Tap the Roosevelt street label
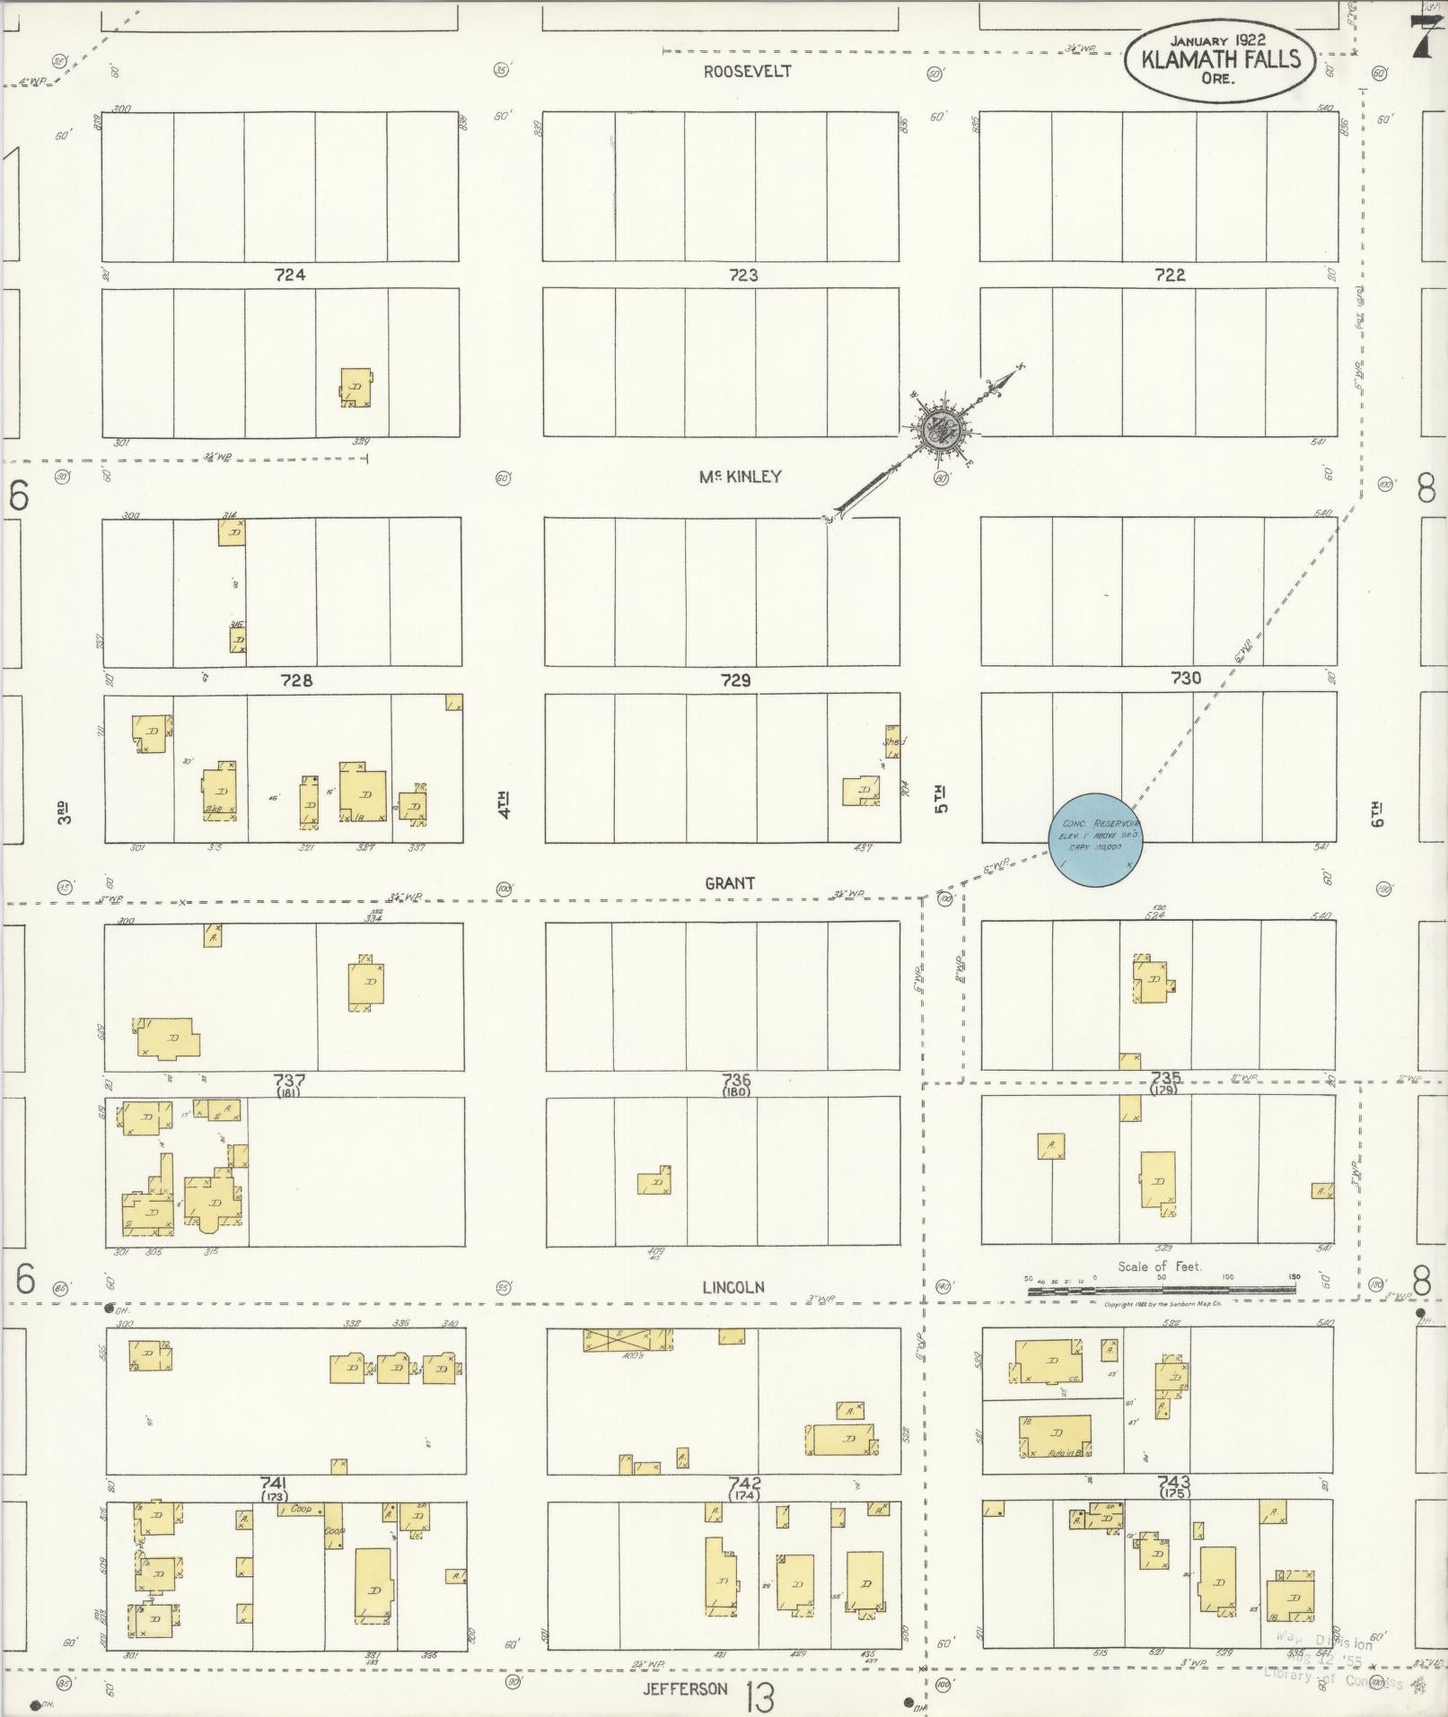(x=747, y=72)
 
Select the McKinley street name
(x=740, y=477)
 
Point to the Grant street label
(x=729, y=883)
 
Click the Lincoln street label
(x=733, y=1287)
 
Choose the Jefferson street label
(x=685, y=1688)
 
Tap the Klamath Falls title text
(x=1220, y=60)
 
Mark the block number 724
(x=290, y=275)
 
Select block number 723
(x=743, y=275)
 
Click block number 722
(x=1170, y=275)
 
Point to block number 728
(x=296, y=680)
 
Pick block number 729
(x=735, y=680)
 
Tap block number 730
(x=1186, y=679)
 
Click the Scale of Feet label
(x=1159, y=1266)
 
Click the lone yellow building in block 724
(x=356, y=388)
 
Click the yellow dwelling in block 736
(x=655, y=1181)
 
